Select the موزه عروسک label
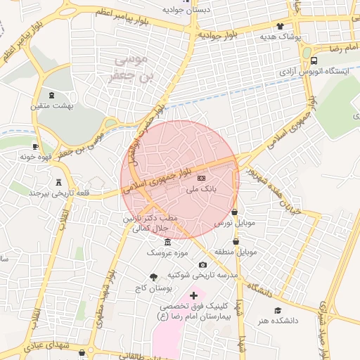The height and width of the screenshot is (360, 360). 167,252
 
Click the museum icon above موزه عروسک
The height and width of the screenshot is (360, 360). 167,242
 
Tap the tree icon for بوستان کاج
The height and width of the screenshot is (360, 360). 154,277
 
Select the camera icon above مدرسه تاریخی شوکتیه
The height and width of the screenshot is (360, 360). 203,264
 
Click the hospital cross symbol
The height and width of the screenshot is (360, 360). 194,296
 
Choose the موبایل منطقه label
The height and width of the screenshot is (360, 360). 237,251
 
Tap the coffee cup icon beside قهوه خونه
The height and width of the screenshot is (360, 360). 36,147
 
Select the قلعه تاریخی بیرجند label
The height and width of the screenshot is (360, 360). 53,192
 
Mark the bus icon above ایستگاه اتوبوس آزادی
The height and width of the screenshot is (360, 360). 314,60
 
